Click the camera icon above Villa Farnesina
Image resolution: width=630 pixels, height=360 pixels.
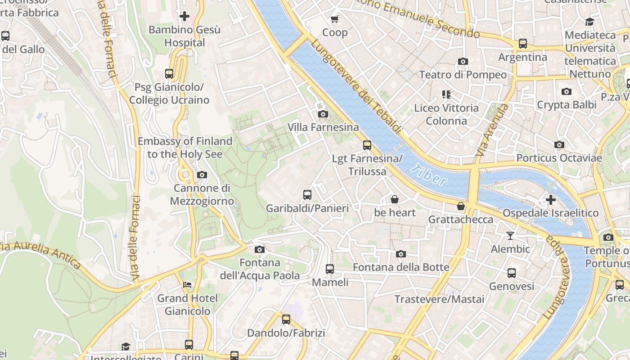click(x=323, y=114)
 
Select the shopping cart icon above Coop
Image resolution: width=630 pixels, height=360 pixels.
click(x=334, y=19)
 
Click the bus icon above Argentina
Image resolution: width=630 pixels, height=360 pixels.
click(x=522, y=44)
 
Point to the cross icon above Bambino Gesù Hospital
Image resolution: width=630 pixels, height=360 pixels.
click(x=184, y=16)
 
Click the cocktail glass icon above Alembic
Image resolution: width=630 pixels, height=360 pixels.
click(x=510, y=235)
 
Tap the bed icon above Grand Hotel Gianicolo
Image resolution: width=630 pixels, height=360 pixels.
click(x=187, y=284)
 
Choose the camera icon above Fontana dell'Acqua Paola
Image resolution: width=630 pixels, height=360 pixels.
click(x=259, y=249)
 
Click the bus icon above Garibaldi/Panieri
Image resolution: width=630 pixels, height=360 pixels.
click(x=307, y=195)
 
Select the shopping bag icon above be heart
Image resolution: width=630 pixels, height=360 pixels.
click(x=395, y=199)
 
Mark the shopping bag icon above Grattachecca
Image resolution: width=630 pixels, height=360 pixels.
click(x=460, y=206)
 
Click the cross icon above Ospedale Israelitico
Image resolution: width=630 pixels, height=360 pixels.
click(x=550, y=199)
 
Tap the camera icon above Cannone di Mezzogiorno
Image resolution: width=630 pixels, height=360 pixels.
click(x=202, y=175)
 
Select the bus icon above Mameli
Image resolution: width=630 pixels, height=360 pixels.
click(x=330, y=269)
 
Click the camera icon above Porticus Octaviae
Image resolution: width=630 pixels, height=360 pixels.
click(x=559, y=144)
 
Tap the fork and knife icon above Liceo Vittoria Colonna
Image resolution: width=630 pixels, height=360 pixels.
click(x=446, y=94)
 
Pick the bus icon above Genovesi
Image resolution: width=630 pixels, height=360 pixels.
click(x=511, y=273)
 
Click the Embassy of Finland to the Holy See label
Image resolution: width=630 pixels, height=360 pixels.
click(x=185, y=148)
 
